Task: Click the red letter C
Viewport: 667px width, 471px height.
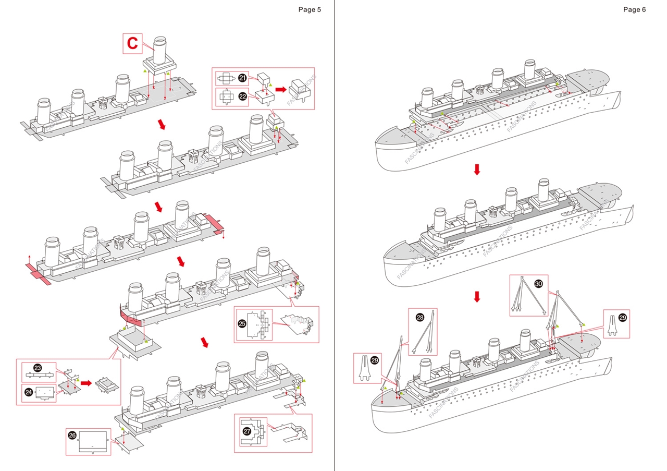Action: pyautogui.click(x=133, y=44)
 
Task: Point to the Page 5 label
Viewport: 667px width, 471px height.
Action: pyautogui.click(x=310, y=9)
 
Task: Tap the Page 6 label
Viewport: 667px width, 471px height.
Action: pyautogui.click(x=634, y=9)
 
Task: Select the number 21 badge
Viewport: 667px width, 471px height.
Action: pyautogui.click(x=243, y=78)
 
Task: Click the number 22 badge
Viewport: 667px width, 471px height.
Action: pyautogui.click(x=243, y=96)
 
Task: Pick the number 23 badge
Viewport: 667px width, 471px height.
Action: pyautogui.click(x=38, y=368)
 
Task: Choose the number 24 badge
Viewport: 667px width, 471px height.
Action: pyautogui.click(x=29, y=392)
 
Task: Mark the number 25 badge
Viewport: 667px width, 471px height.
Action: pyautogui.click(x=242, y=323)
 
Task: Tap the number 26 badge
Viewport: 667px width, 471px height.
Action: pyautogui.click(x=72, y=434)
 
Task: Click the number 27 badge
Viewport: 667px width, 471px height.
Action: pyautogui.click(x=247, y=431)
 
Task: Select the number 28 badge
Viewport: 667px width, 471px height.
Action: pyautogui.click(x=420, y=317)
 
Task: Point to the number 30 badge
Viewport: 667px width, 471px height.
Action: pyautogui.click(x=539, y=283)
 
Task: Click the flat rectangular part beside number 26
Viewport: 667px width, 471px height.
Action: pyautogui.click(x=94, y=441)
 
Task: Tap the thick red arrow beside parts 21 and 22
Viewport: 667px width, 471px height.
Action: pyautogui.click(x=281, y=90)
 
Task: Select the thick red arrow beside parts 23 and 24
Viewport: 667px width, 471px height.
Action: pyautogui.click(x=86, y=383)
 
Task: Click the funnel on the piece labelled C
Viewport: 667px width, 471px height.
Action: pyautogui.click(x=160, y=50)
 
